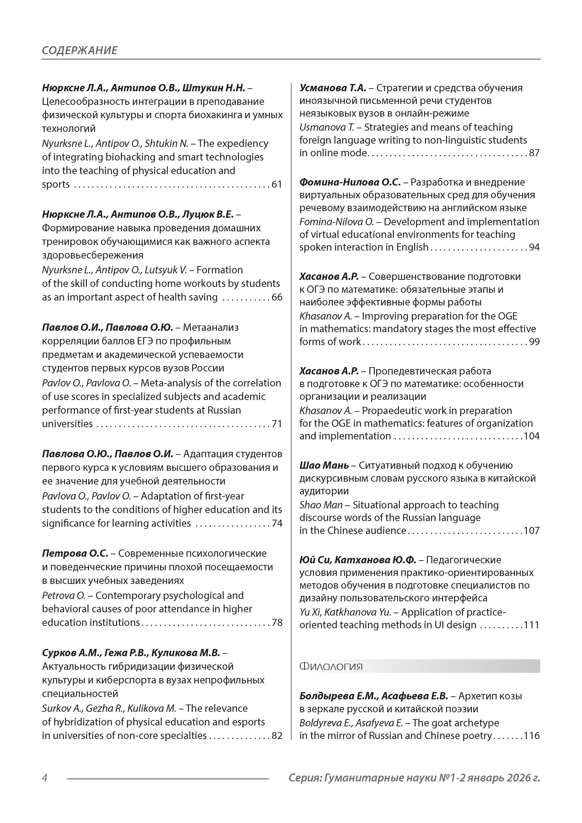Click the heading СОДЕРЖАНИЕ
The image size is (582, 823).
pyautogui.click(x=79, y=50)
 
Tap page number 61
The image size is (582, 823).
pyautogui.click(x=277, y=184)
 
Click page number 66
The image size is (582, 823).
pyautogui.click(x=277, y=297)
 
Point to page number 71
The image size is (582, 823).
pyautogui.click(x=277, y=424)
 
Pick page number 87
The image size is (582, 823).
pyautogui.click(x=534, y=153)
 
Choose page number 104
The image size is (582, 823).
pyautogui.click(x=532, y=436)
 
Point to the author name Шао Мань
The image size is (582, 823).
pyautogui.click(x=324, y=465)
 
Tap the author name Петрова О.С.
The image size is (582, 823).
pyautogui.click(x=75, y=553)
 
